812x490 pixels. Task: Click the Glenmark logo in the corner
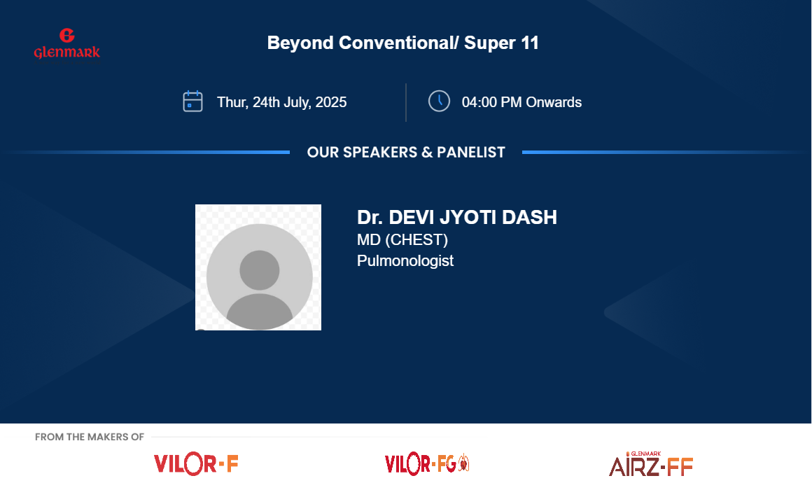click(x=66, y=43)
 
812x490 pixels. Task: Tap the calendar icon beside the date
click(x=192, y=101)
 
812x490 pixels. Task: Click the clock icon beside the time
click(x=439, y=101)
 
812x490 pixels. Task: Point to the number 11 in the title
click(x=530, y=43)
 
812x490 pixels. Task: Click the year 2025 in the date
click(x=331, y=103)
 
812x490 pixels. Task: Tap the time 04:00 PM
click(x=491, y=103)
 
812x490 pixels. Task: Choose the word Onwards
click(x=554, y=103)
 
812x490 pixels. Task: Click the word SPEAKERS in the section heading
click(x=380, y=153)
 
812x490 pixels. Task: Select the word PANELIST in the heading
click(x=470, y=153)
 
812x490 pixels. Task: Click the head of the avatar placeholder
click(x=260, y=270)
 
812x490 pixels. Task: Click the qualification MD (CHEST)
click(x=402, y=240)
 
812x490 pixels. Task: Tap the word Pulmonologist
click(x=405, y=260)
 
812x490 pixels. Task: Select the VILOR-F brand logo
click(x=196, y=464)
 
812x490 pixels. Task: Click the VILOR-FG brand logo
click(x=427, y=463)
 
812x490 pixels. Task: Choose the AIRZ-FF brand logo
click(x=650, y=464)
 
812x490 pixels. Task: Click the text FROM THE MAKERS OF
click(x=90, y=437)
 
